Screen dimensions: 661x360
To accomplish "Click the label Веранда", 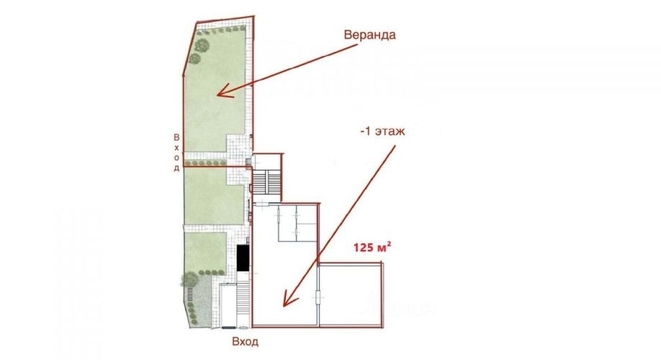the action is pyautogui.click(x=369, y=35).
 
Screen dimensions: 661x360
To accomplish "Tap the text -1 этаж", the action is pyautogui.click(x=382, y=130).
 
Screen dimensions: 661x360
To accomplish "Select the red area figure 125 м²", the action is pyautogui.click(x=372, y=247).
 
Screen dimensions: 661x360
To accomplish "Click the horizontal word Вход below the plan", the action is pyautogui.click(x=245, y=341).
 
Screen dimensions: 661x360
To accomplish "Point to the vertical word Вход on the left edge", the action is pyautogui.click(x=176, y=153).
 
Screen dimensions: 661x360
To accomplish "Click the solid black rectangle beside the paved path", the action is pyautogui.click(x=243, y=258).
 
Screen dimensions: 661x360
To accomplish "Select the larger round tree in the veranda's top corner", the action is pyautogui.click(x=202, y=45).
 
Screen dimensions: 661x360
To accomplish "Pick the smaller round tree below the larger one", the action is pyautogui.click(x=194, y=58).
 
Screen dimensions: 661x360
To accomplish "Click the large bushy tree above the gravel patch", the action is pyautogui.click(x=189, y=279).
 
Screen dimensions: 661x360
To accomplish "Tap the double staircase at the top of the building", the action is pyautogui.click(x=266, y=182).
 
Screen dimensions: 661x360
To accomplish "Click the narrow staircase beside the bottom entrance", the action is pyautogui.click(x=243, y=300).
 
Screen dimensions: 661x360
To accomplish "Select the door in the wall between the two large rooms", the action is pyautogui.click(x=318, y=297).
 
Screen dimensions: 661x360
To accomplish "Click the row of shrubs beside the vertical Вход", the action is pyautogui.click(x=205, y=163).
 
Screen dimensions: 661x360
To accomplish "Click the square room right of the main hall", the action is pyautogui.click(x=351, y=294).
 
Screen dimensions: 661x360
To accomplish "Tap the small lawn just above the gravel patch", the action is pyautogui.click(x=206, y=252).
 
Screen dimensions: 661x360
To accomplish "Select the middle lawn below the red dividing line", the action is pyautogui.click(x=214, y=196).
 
